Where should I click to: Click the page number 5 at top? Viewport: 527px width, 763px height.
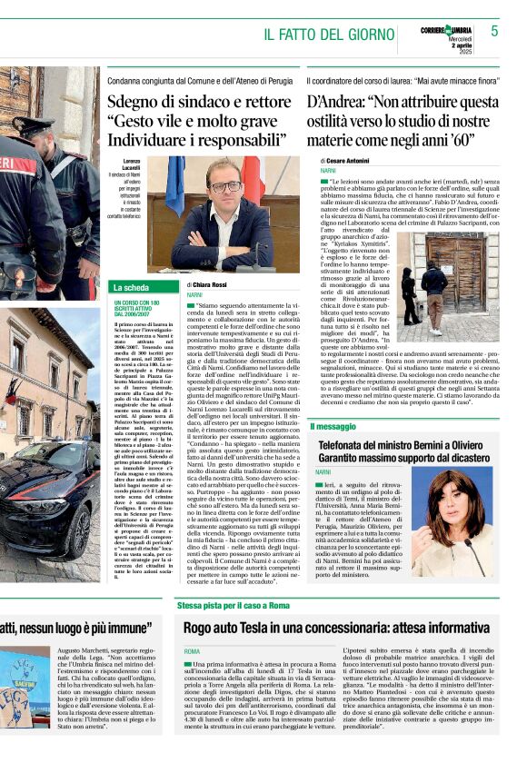(494, 31)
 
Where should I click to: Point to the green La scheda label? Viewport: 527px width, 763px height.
(132, 287)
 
